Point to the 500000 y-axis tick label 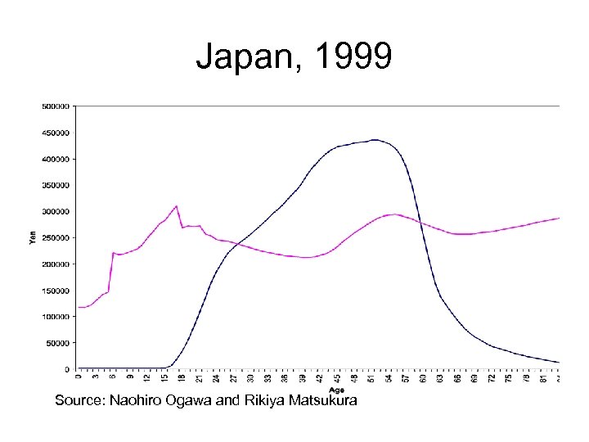click(x=56, y=106)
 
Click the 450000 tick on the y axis click(x=56, y=132)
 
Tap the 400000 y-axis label click(x=56, y=159)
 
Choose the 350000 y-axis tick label click(x=56, y=185)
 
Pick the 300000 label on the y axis click(x=56, y=211)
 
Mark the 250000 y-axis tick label click(x=56, y=237)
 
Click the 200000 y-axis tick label click(x=56, y=264)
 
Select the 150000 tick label click(x=56, y=291)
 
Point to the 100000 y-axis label click(x=56, y=317)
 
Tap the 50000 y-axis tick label click(x=58, y=343)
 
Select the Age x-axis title click(x=336, y=390)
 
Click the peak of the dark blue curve click(x=374, y=140)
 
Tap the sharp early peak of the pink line click(x=176, y=206)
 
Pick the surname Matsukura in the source click(x=317, y=401)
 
